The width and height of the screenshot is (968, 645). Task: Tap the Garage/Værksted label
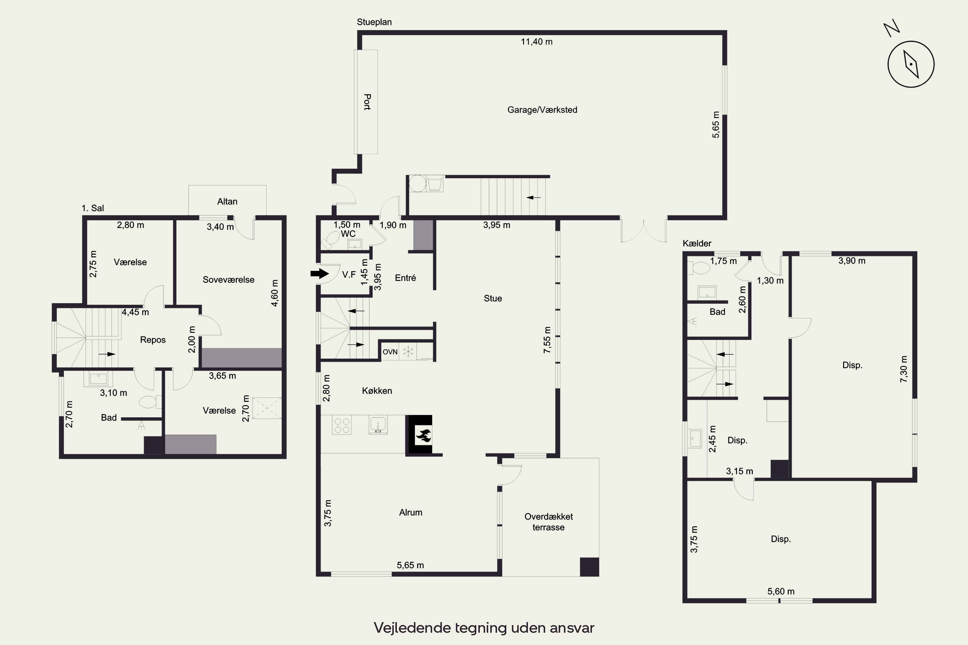point(542,110)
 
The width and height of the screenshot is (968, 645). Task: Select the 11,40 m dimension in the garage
point(537,42)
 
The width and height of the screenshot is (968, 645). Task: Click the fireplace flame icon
point(423,435)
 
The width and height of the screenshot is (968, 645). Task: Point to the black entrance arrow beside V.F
point(319,273)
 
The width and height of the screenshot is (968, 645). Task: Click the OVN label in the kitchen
point(390,352)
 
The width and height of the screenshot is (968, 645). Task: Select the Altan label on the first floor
point(227,201)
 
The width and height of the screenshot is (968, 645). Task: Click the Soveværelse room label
point(228,280)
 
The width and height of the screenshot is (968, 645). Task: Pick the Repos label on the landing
point(153,340)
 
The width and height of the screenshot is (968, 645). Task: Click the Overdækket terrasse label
point(549,521)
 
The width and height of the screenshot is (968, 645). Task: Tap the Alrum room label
point(410,512)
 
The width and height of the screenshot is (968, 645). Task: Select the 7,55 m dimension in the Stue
point(547,340)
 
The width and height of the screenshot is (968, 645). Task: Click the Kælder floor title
point(697,243)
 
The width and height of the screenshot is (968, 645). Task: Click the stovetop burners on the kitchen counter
point(342,425)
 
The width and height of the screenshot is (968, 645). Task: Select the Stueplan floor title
point(374,22)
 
